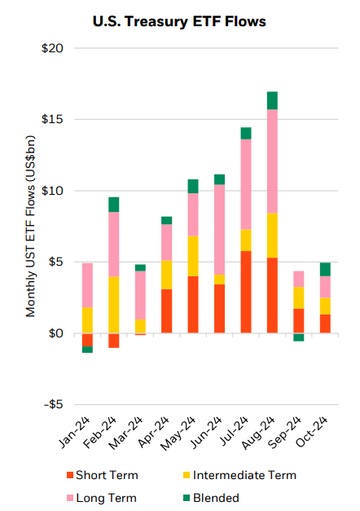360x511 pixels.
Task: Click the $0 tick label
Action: [58, 333]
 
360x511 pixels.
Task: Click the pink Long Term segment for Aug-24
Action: [272, 160]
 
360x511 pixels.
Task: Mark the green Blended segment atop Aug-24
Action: [272, 100]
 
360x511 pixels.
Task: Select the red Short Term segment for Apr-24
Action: [167, 310]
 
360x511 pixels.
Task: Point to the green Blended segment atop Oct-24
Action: [324, 268]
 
